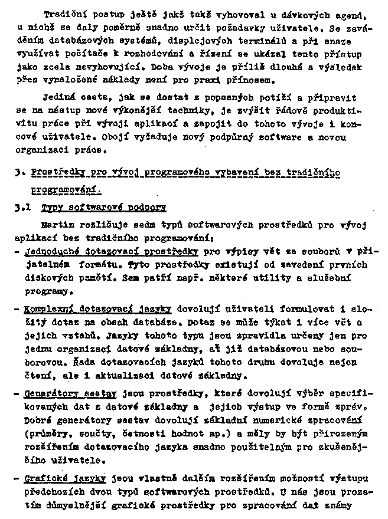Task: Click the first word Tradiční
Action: (x=63, y=14)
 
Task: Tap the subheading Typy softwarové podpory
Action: (x=103, y=208)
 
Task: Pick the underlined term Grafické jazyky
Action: (x=66, y=479)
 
